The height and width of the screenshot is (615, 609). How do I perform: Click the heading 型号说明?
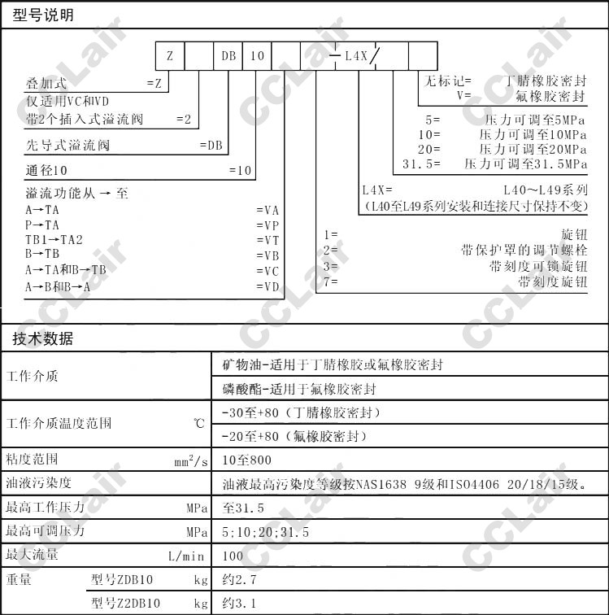43,15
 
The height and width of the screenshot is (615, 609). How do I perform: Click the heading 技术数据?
43,339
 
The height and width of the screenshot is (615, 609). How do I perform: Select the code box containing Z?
170,56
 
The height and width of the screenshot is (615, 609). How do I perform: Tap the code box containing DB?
228,56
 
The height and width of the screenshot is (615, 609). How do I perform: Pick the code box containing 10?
257,56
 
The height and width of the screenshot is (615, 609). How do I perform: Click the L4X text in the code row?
357,56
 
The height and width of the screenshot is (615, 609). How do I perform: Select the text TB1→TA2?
54,240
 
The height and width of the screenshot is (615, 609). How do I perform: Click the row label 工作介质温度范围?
59,423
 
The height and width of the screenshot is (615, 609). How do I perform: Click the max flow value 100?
233,556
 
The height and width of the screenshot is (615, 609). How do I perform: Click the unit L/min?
188,556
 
